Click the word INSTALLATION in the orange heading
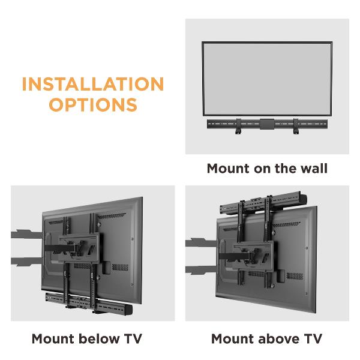tap(93, 84)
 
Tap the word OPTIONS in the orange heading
tap(93, 104)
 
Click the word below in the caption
tap(99, 338)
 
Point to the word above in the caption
tap(279, 338)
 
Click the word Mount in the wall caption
tap(228, 168)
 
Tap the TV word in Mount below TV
tap(133, 338)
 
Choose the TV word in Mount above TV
tap(313, 338)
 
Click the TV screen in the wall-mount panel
tap(267, 79)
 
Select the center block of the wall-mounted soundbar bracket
tap(267, 124)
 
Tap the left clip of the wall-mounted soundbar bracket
tap(238, 126)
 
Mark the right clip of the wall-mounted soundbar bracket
tap(296, 126)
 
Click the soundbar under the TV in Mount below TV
tap(89, 303)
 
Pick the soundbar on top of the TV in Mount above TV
tap(263, 203)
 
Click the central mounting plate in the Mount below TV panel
tap(79, 248)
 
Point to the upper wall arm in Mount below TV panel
tap(26, 234)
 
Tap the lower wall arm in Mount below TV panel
tap(26, 262)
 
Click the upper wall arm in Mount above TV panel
tap(201, 242)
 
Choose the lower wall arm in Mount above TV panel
tap(201, 270)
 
